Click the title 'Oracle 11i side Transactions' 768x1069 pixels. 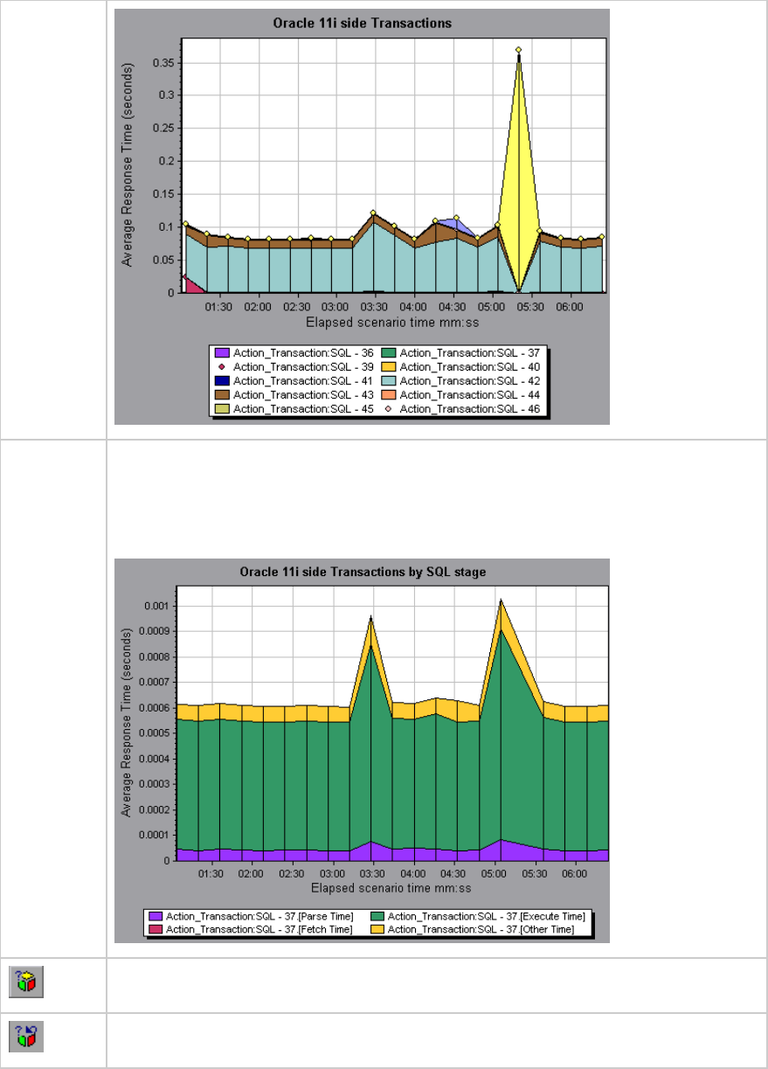coord(362,24)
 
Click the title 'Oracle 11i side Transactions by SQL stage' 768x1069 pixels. coord(363,573)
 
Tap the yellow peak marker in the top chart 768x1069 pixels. coord(518,50)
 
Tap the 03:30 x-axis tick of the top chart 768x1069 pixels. coord(374,308)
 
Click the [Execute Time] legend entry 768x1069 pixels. coord(486,916)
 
